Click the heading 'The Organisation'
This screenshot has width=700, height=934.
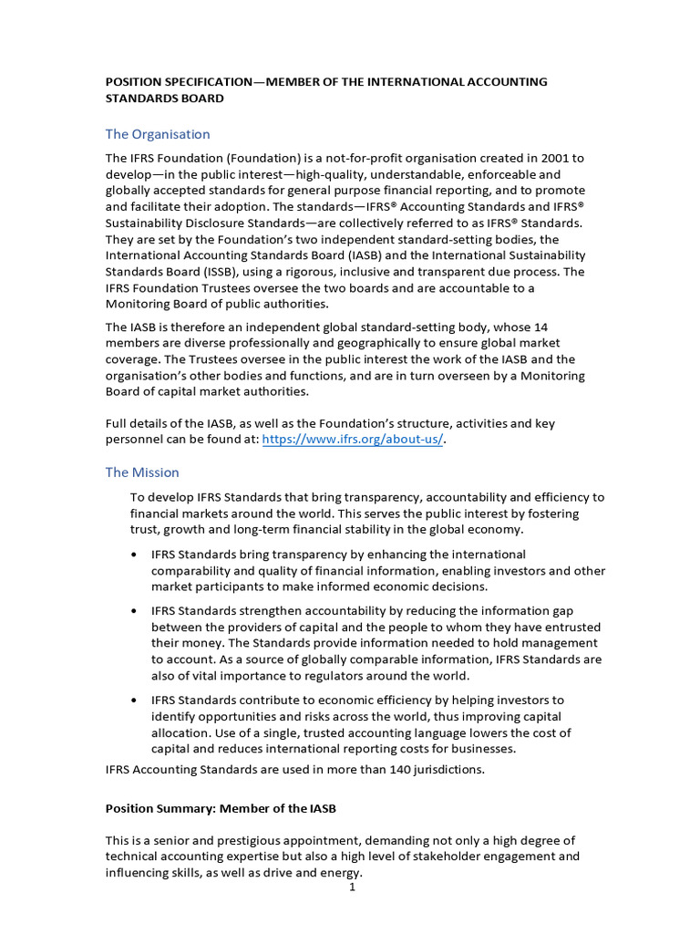coord(158,134)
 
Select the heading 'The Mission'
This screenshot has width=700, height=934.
coord(142,472)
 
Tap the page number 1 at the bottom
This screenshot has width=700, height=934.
coord(352,887)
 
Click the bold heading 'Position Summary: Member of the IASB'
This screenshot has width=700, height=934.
coord(221,808)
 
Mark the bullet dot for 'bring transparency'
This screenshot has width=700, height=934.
coord(135,555)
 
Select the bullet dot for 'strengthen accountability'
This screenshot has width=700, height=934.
coord(135,611)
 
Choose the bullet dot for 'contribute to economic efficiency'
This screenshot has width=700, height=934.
coord(135,700)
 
